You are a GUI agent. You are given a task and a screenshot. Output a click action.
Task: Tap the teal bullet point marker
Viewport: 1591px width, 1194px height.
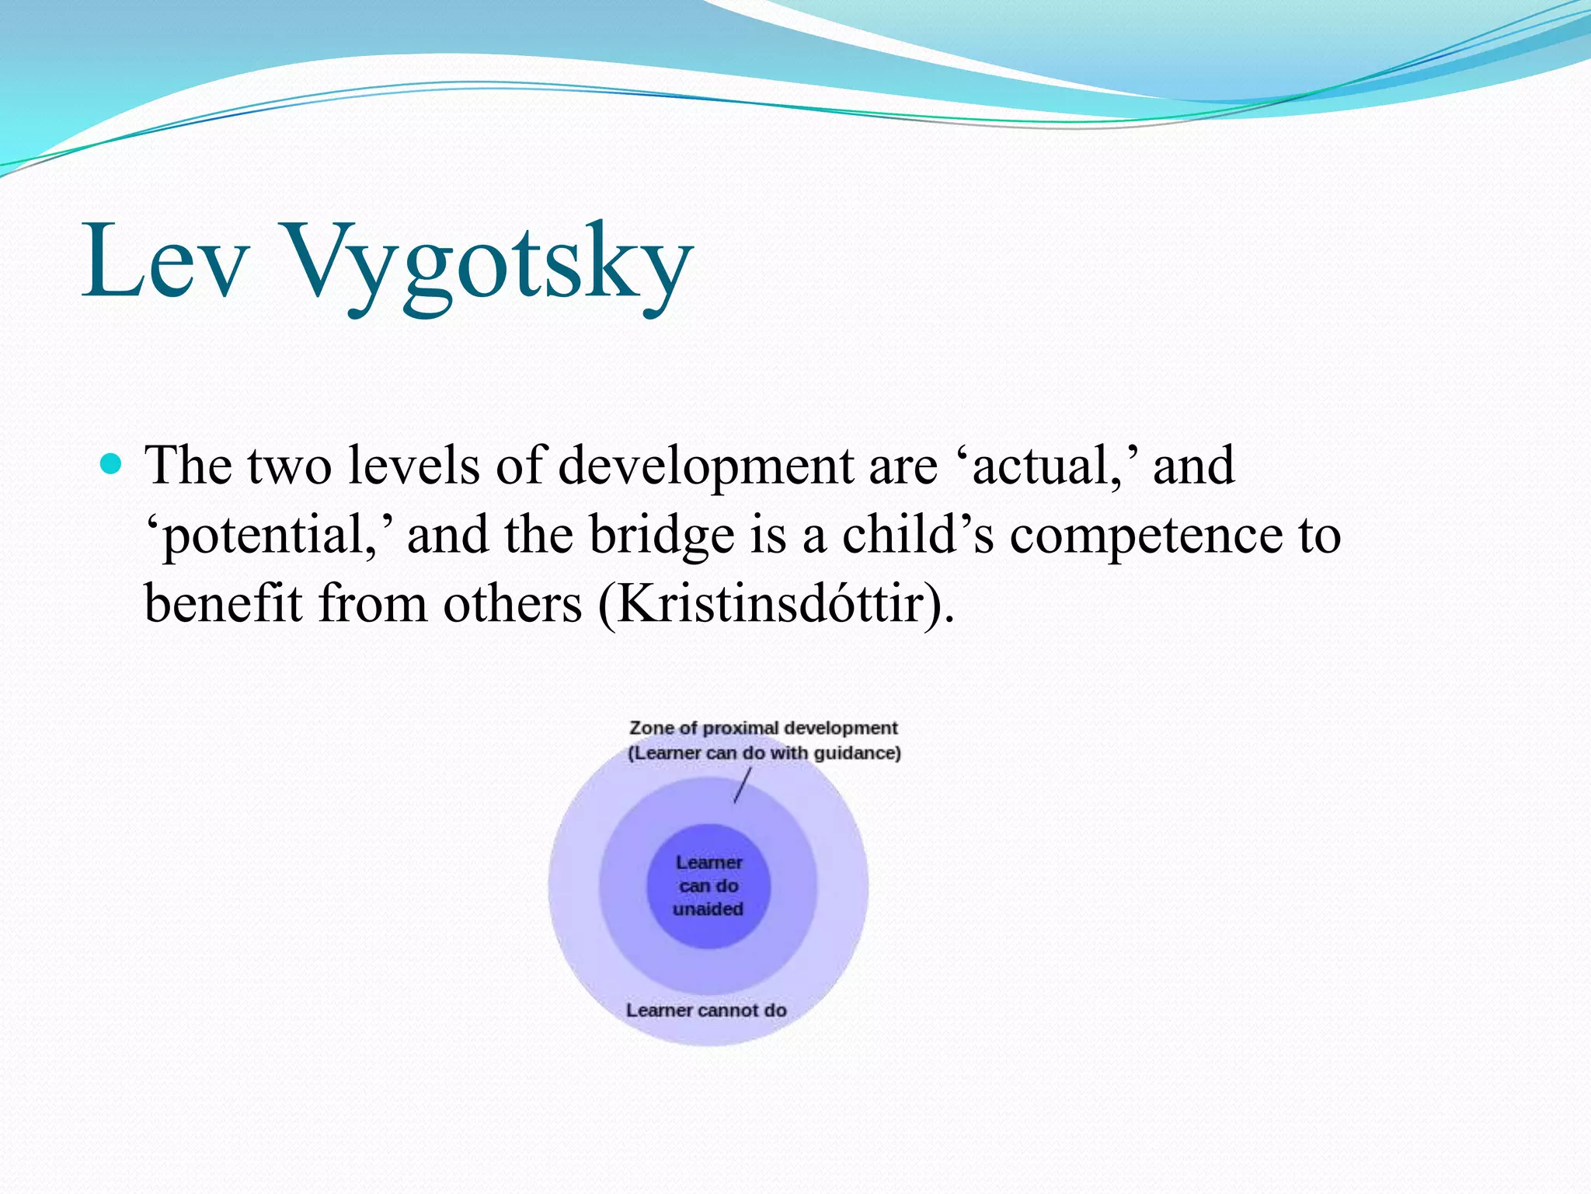(x=112, y=465)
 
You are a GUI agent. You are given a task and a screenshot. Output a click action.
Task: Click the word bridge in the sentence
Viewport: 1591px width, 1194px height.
(x=661, y=536)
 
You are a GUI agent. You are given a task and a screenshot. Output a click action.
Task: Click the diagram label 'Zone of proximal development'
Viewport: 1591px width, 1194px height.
(x=763, y=728)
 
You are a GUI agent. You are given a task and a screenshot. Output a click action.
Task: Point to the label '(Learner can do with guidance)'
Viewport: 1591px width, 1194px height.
(x=764, y=753)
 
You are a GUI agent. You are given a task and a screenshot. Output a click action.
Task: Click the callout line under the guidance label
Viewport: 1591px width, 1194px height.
(x=743, y=785)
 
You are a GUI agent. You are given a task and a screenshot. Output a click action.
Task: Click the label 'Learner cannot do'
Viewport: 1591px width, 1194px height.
(x=706, y=1011)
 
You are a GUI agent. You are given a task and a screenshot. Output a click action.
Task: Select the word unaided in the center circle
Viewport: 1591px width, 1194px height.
(x=708, y=909)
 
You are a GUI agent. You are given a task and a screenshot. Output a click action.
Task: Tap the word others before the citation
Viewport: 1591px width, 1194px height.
(x=512, y=605)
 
